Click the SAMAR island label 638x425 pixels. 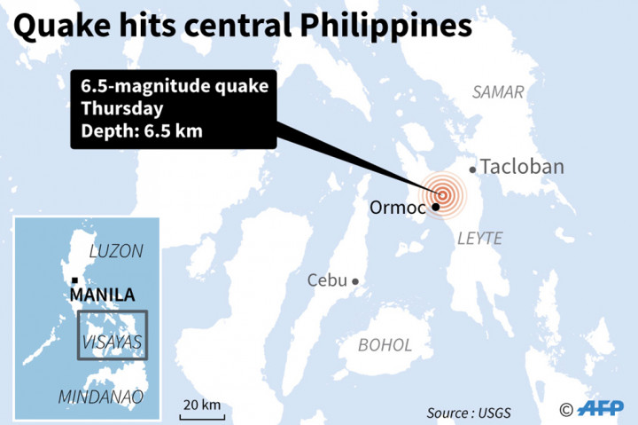tap(498, 92)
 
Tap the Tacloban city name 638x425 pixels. tap(521, 167)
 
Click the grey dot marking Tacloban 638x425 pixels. tap(473, 169)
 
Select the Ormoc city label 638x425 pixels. tap(397, 208)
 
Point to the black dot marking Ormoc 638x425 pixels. tap(436, 208)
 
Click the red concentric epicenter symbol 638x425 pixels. tap(443, 193)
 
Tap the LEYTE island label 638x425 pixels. tap(479, 238)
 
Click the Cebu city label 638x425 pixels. tap(327, 280)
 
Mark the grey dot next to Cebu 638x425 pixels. tap(355, 281)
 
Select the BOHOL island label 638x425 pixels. tap(385, 344)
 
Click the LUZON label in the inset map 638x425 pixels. tap(115, 251)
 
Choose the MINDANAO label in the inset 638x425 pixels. tap(100, 397)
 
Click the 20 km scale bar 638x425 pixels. tap(202, 413)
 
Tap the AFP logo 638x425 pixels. tap(600, 408)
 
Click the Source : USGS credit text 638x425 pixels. tap(469, 413)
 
